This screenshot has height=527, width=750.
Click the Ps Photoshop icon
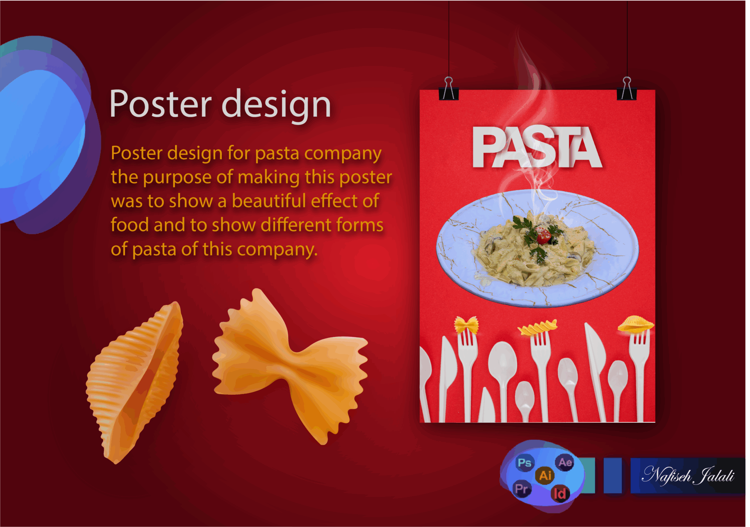[x=524, y=463]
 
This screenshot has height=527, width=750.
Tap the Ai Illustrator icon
[x=545, y=475]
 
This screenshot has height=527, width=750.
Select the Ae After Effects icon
[x=565, y=463]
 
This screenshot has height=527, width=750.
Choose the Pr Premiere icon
[x=522, y=489]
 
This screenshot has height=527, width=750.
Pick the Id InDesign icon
[x=560, y=494]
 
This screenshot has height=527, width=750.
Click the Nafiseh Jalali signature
[x=688, y=475]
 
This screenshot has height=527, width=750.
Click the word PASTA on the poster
[x=537, y=148]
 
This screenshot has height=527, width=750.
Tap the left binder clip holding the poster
[x=449, y=89]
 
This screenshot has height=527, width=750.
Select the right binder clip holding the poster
[x=627, y=89]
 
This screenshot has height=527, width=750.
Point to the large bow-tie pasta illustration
[x=290, y=367]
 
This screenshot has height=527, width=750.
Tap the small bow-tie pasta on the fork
[x=466, y=325]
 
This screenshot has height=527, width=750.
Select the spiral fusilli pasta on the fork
[x=537, y=327]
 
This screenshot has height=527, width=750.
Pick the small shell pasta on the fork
[x=636, y=324]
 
